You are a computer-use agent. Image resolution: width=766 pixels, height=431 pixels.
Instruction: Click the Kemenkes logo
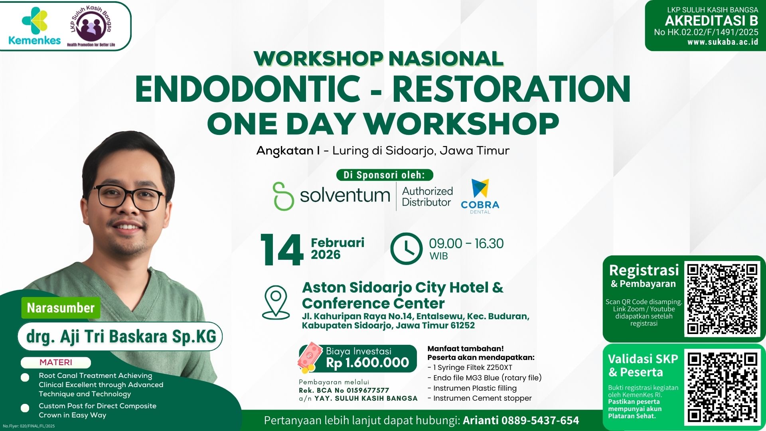(x=34, y=26)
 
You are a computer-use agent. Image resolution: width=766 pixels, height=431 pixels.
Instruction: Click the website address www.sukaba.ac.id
(x=723, y=42)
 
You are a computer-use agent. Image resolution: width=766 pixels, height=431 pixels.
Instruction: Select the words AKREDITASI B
(x=711, y=21)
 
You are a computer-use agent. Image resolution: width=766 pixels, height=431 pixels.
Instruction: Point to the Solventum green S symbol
(x=283, y=196)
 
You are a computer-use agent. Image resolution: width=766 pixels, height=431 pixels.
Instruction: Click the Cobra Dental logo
(x=480, y=196)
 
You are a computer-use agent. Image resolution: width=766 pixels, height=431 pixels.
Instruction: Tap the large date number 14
(x=282, y=250)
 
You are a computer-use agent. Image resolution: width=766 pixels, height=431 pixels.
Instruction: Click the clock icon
(x=406, y=249)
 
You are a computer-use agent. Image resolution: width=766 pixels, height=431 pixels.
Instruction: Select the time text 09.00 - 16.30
(x=466, y=243)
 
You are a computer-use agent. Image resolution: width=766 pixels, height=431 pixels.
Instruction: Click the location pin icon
(x=276, y=302)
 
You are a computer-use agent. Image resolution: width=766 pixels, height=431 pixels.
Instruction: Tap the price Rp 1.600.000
(x=367, y=362)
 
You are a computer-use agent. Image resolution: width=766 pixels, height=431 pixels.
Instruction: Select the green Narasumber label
(x=61, y=308)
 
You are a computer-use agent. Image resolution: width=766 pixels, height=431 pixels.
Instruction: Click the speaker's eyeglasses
(x=130, y=198)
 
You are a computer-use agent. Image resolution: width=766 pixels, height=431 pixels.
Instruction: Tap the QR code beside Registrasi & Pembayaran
(x=723, y=299)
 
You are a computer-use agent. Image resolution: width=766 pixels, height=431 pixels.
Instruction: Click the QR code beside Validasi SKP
(x=723, y=387)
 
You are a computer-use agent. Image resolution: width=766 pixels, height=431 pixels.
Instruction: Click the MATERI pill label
(x=56, y=362)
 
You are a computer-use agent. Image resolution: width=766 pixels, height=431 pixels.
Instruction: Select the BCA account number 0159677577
(x=367, y=390)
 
